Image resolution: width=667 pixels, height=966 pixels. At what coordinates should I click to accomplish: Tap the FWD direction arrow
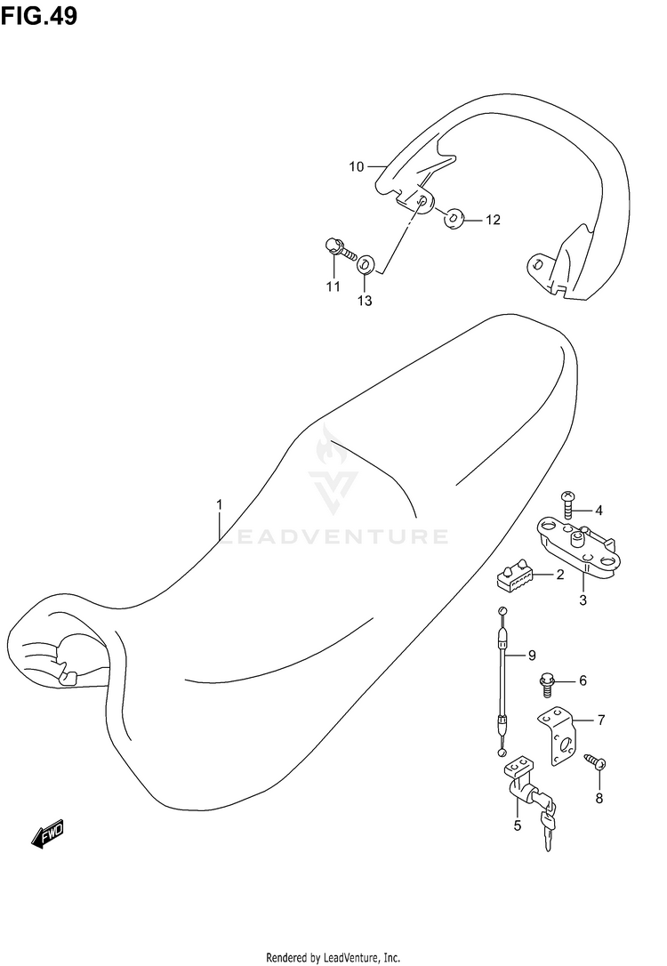pos(49,833)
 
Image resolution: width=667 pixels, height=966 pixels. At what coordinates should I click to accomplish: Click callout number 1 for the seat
pos(219,505)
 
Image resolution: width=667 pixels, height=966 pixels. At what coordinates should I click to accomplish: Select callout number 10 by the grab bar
pos(356,166)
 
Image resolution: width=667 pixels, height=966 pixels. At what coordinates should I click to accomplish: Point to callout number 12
pos(493,220)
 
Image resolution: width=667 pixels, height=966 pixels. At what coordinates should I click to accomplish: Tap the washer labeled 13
pos(365,264)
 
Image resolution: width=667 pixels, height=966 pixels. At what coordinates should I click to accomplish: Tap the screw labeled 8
pos(594,761)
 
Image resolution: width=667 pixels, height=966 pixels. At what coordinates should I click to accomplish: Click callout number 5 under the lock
pos(518,826)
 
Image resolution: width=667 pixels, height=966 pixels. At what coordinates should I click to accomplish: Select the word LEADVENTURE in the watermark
pos(333,536)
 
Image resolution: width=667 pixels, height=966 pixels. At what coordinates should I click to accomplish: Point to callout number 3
pos(583,600)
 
